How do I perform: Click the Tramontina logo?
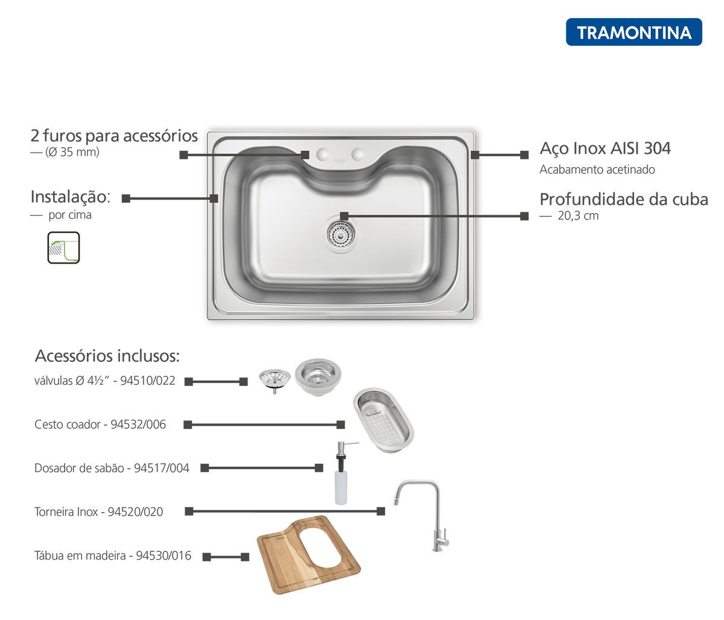pos(634,32)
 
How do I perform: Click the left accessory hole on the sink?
pos(323,154)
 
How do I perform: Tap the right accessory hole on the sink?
pos(358,154)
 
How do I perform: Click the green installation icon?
pos(63,247)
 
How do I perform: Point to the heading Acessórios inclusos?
pos(106,356)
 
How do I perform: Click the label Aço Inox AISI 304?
pos(605,148)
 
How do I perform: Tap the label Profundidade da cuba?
pos(624,200)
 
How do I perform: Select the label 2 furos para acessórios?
pos(114,136)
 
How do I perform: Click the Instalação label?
pos(71,197)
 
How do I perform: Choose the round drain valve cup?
pos(318,376)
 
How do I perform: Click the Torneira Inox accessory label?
pos(98,512)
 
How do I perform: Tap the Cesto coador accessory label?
pos(100,425)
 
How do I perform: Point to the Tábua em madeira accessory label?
pos(113,555)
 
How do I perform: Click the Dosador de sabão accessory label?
pos(113,468)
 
